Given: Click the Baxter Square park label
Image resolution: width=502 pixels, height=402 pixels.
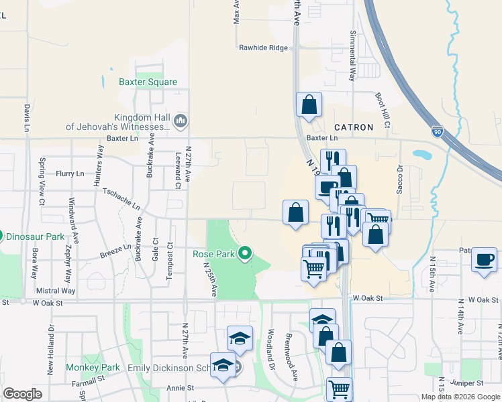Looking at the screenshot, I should tap(148, 82).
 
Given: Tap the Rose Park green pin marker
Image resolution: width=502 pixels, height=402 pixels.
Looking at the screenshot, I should tap(246, 253).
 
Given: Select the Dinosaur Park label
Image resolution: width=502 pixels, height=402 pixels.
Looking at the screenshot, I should tap(36, 237).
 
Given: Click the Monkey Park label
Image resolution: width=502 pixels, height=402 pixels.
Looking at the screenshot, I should tap(93, 367).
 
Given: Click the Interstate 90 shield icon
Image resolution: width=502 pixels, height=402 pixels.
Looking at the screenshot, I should tap(438, 132).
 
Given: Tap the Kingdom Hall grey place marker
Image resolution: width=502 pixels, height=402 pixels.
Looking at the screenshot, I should tap(180, 121).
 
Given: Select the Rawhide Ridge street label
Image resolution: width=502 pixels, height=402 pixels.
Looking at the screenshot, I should tap(263, 48).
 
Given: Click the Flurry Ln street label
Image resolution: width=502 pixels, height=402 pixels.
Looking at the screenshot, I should tap(70, 174).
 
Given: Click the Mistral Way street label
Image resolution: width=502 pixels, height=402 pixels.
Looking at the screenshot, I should tap(56, 291).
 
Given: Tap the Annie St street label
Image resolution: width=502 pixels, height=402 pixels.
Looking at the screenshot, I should tap(180, 388).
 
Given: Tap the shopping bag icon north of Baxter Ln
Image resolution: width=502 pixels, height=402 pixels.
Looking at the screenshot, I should tap(309, 105).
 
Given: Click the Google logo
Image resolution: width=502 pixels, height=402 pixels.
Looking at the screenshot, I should tap(23, 393).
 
